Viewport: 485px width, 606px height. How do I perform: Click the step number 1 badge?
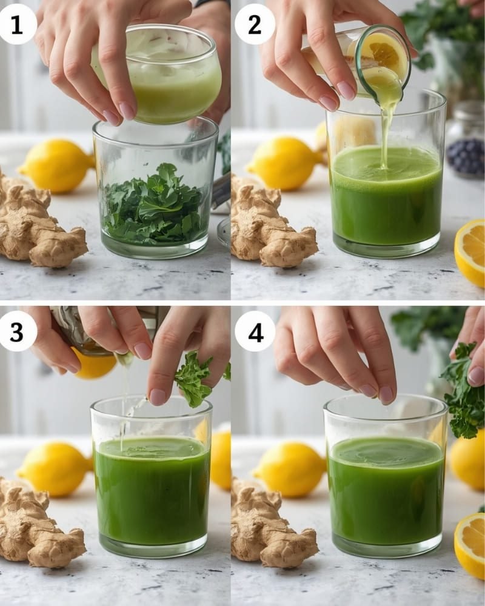[x=17, y=24]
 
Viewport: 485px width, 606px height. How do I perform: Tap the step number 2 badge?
[x=255, y=24]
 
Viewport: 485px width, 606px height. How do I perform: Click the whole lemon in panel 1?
[x=58, y=165]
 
